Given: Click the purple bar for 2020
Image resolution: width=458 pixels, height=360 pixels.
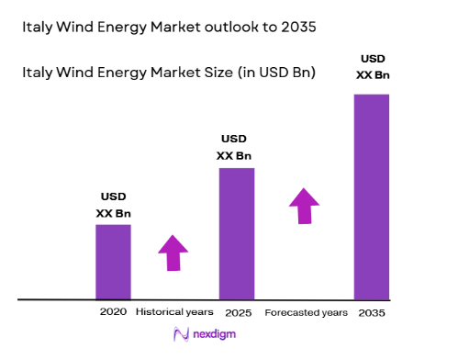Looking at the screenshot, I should [113, 262].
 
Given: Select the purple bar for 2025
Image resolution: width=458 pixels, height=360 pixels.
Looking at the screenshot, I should [236, 233].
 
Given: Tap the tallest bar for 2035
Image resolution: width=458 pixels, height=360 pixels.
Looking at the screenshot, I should [372, 197].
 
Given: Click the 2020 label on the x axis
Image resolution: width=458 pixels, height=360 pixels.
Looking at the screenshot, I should [114, 312].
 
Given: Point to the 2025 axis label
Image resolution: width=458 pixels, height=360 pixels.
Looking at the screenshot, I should [237, 312].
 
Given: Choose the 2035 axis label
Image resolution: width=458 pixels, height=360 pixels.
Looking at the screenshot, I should [372, 312].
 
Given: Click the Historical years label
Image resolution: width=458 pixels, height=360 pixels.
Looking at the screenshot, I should [174, 312].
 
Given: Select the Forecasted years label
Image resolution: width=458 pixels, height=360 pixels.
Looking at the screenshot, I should [306, 312].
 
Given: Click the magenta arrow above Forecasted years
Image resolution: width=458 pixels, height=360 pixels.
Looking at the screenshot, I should [305, 206].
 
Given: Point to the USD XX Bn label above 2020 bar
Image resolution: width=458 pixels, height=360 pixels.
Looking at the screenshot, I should [114, 205].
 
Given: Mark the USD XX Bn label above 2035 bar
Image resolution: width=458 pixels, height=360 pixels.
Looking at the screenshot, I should [372, 66].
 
